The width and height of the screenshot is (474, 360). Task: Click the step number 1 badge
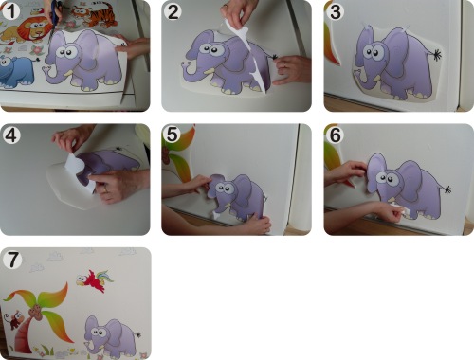pyautogui.click(x=10, y=11)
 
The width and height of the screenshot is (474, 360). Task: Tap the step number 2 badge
pyautogui.click(x=173, y=12)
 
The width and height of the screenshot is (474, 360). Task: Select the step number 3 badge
pyautogui.click(x=335, y=12)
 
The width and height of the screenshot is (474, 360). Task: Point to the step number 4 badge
pyautogui.click(x=10, y=135)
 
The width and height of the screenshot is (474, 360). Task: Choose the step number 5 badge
pyautogui.click(x=173, y=135)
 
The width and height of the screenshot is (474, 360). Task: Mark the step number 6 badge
pyautogui.click(x=335, y=135)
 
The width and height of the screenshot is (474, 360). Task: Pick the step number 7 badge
pyautogui.click(x=12, y=260)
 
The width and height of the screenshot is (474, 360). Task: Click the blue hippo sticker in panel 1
pyautogui.click(x=16, y=71)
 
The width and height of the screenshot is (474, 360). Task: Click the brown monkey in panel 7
pyautogui.click(x=13, y=319)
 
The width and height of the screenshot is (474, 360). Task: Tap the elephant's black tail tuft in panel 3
pyautogui.click(x=437, y=55)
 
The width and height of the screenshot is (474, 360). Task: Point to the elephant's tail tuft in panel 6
pyautogui.click(x=447, y=189)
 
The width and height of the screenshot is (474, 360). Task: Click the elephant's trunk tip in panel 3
pyautogui.click(x=356, y=73)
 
